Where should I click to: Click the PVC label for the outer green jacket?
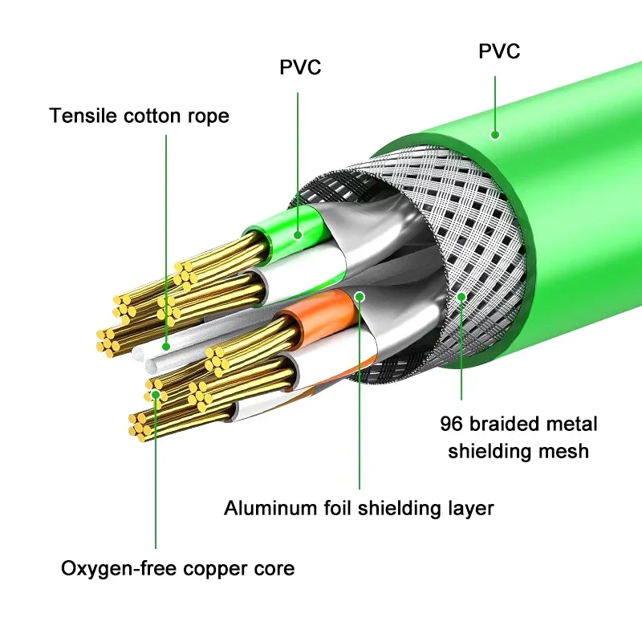[x=499, y=52]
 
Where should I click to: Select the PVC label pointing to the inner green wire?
[x=300, y=67]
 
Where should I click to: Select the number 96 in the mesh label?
[x=451, y=424]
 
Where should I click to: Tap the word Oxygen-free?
[x=112, y=570]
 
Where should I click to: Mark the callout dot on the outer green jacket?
[x=495, y=136]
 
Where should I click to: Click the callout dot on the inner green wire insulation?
[x=297, y=235]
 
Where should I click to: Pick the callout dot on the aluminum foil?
[x=360, y=296]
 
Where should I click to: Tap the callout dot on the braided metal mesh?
[x=461, y=297]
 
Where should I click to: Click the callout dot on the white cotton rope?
[x=166, y=346]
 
